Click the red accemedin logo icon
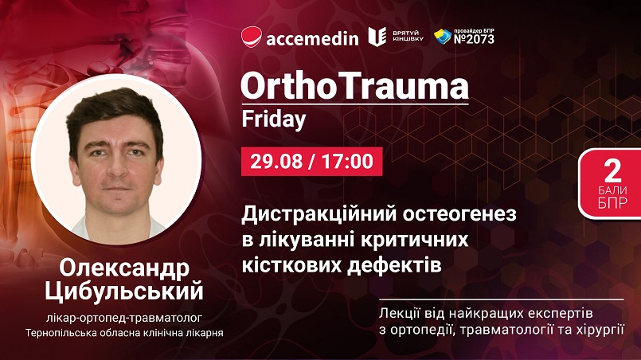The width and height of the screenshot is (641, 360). coord(251,37)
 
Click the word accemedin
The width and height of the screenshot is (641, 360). coord(312,39)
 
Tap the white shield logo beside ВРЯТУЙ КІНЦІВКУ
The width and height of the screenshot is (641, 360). coord(377,37)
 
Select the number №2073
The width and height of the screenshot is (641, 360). coord(474,39)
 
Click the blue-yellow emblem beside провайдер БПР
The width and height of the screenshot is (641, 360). coord(443,37)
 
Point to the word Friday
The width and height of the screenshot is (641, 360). coord(273,119)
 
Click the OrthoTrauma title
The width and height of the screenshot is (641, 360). coord(354,86)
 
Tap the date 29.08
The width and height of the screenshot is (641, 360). coord(276,161)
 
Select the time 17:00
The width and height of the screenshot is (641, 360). coord(347,161)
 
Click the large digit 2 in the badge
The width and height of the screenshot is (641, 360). coord(612,171)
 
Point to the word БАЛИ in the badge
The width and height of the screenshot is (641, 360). coord(612,190)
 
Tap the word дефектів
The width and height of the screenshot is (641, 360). coord(394,266)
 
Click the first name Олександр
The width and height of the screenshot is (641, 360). coord(124,268)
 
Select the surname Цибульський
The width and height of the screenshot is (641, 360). coord(124,292)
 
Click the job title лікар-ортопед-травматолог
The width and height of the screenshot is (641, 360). coord(124,318)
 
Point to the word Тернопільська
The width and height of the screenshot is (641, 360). coord(59,333)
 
